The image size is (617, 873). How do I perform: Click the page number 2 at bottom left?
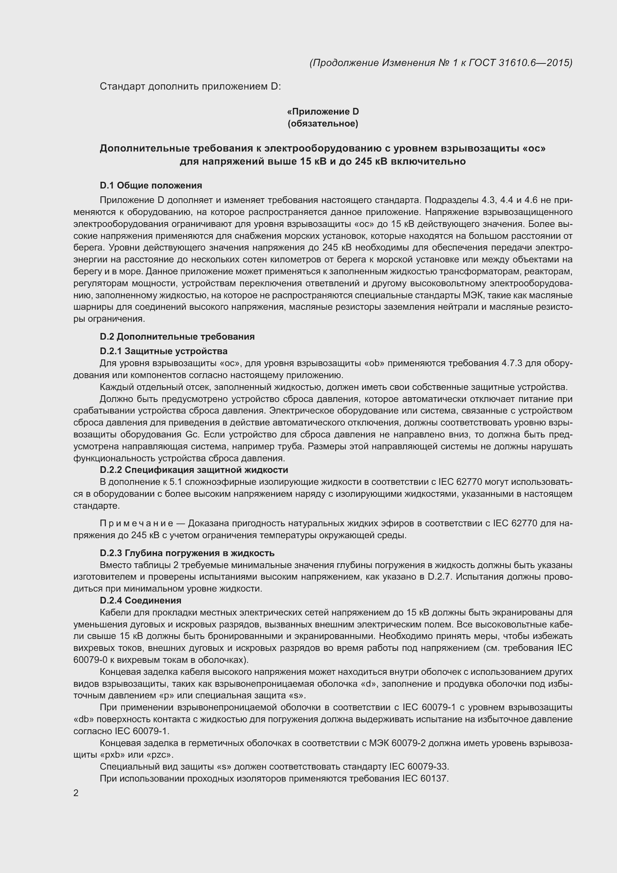click(x=76, y=793)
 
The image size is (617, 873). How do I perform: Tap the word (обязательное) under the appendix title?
click(x=323, y=124)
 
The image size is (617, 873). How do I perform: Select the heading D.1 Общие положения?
click(x=151, y=185)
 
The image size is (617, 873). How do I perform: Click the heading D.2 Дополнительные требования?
click(x=177, y=337)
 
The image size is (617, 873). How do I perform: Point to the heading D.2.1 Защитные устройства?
click(x=163, y=351)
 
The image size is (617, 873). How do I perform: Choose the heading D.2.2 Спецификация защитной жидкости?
click(x=194, y=470)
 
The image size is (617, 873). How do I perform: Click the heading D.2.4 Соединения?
click(x=141, y=601)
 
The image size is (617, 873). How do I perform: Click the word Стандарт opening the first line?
click(x=122, y=87)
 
